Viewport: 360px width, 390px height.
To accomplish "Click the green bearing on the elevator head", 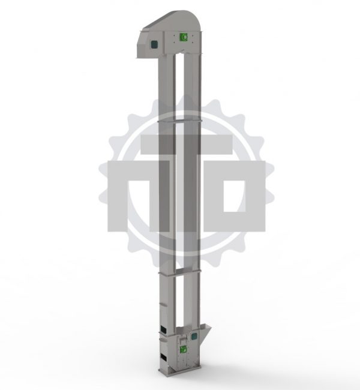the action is coord(184,37).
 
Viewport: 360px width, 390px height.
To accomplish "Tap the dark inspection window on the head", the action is coord(154,44).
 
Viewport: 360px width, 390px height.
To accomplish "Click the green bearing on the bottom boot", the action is coord(184,349).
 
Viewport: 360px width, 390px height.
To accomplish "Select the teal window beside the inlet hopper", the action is coord(194,337).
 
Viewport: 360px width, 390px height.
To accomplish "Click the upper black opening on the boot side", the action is coord(163,329).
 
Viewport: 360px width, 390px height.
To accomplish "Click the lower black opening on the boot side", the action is coord(163,356).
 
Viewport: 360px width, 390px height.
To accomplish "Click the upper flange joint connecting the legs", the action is coord(179,121).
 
